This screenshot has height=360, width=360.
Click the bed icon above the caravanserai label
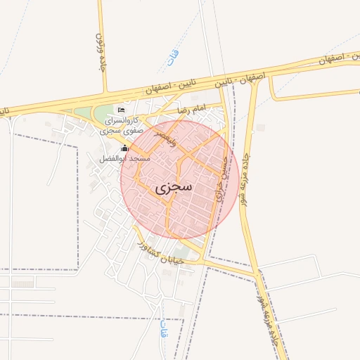[x=121, y=110]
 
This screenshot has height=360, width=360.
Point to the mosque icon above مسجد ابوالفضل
[x=125, y=148]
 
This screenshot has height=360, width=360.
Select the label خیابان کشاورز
[x=160, y=254]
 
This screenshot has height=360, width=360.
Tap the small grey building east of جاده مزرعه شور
[x=262, y=127]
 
